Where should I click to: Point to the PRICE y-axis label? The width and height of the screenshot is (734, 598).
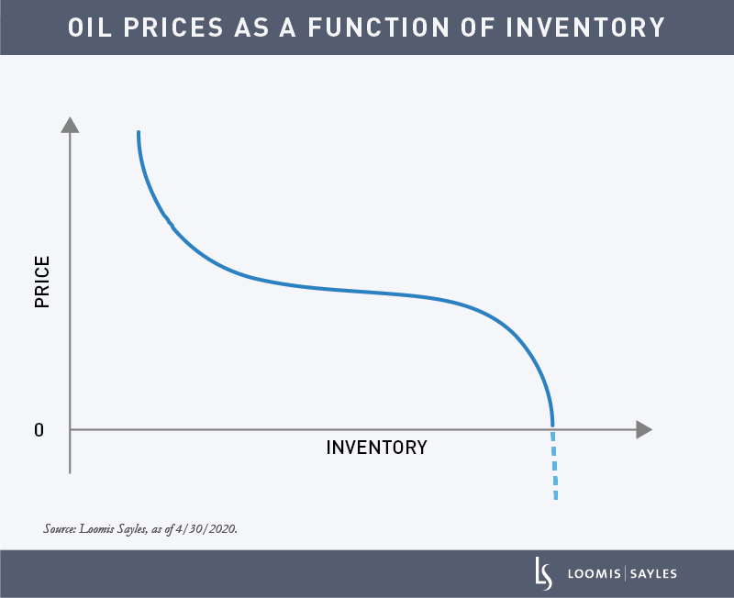pyautogui.click(x=42, y=282)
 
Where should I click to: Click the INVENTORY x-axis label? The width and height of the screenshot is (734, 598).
pyautogui.click(x=376, y=448)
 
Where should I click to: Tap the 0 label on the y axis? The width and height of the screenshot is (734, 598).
pyautogui.click(x=39, y=429)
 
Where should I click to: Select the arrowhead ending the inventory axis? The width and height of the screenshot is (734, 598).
pyautogui.click(x=643, y=429)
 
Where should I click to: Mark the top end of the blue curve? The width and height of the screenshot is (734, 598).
pyautogui.click(x=139, y=134)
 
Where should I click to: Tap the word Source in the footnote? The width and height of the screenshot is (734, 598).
pyautogui.click(x=60, y=529)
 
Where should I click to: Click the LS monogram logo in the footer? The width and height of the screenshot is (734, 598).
pyautogui.click(x=544, y=573)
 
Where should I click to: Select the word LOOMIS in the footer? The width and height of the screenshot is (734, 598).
pyautogui.click(x=593, y=574)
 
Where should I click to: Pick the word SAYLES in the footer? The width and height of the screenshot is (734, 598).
pyautogui.click(x=652, y=574)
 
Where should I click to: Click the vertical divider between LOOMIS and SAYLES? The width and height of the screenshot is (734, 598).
pyautogui.click(x=624, y=574)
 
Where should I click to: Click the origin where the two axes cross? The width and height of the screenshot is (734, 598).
pyautogui.click(x=70, y=429)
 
